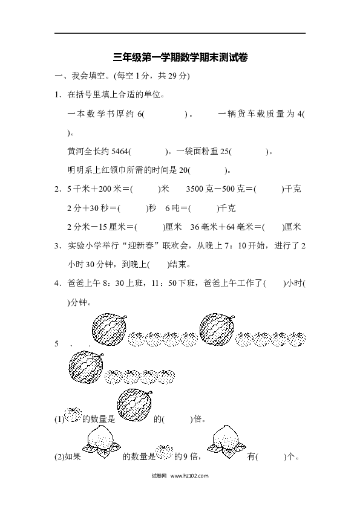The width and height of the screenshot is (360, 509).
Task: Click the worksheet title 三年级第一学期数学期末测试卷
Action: (180, 57)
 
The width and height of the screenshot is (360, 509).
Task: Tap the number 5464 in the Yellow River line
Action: (120, 152)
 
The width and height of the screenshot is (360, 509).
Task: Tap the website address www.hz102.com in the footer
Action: (189, 476)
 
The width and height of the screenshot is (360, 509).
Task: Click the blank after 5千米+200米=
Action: (146, 189)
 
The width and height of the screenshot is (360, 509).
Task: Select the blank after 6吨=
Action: (204, 208)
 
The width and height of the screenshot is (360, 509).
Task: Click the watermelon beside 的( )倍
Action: (134, 405)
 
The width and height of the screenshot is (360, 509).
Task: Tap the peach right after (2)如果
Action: (102, 442)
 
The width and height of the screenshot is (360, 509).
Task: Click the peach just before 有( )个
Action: (226, 441)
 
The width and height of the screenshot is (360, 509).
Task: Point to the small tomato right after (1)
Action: (73, 415)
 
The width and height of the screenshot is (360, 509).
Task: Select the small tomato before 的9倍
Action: (164, 452)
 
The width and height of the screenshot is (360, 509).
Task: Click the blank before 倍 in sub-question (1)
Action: (177, 420)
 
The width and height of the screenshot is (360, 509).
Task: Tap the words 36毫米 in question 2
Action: (204, 227)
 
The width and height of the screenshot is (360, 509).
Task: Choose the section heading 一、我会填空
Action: (84, 76)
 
